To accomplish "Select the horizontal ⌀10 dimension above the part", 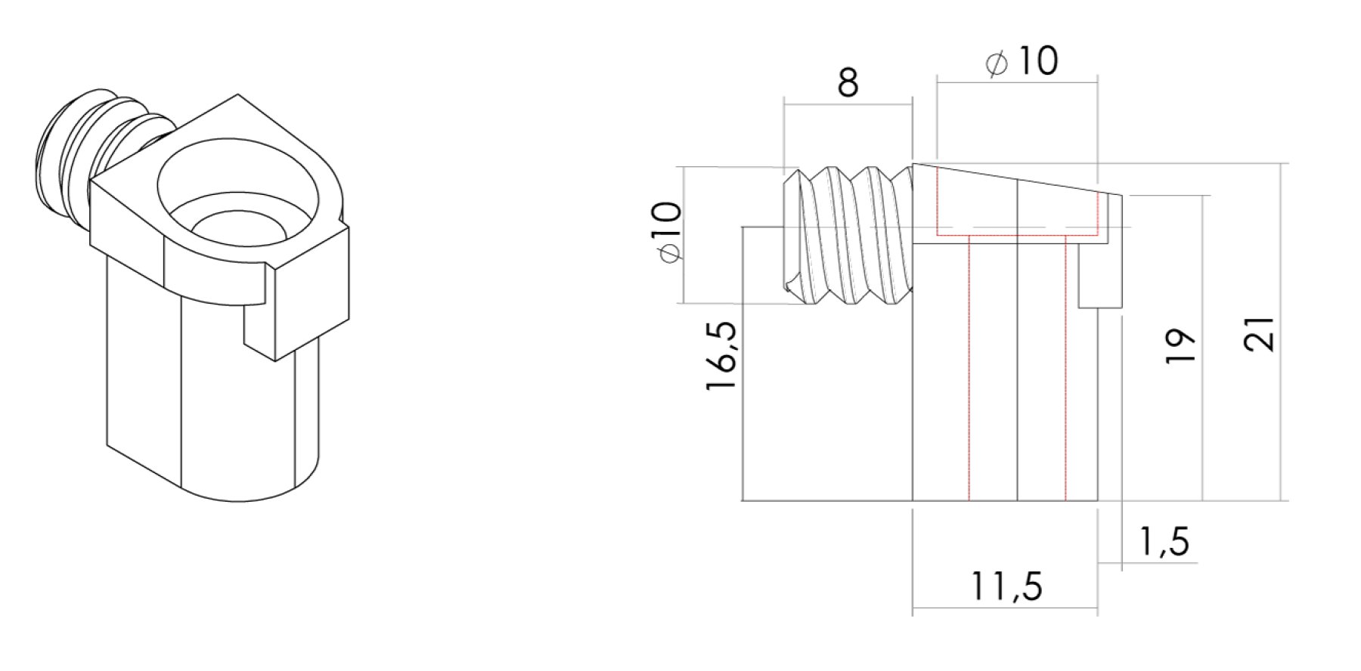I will pyautogui.click(x=1022, y=62).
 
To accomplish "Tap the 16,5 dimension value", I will pyautogui.click(x=721, y=356).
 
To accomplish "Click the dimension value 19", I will pyautogui.click(x=1180, y=346).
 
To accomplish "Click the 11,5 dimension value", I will pyautogui.click(x=1006, y=586).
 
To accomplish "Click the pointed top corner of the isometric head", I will pyautogui.click(x=238, y=97).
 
